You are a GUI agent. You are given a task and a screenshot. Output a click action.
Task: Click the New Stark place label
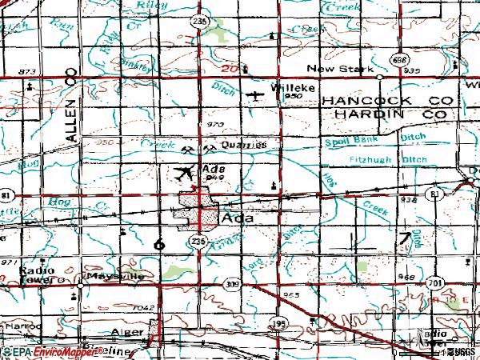[x=346, y=70]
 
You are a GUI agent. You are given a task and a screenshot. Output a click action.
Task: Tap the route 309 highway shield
[x=233, y=284]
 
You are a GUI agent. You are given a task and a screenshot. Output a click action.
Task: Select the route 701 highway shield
[x=434, y=283]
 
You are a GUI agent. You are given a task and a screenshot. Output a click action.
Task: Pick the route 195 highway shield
[x=278, y=322]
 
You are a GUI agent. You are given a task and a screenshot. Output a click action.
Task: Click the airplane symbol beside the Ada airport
[x=183, y=172]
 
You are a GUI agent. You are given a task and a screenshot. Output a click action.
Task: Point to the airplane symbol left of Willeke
[x=254, y=97]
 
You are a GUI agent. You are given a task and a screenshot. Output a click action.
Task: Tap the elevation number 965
[x=290, y=295]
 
